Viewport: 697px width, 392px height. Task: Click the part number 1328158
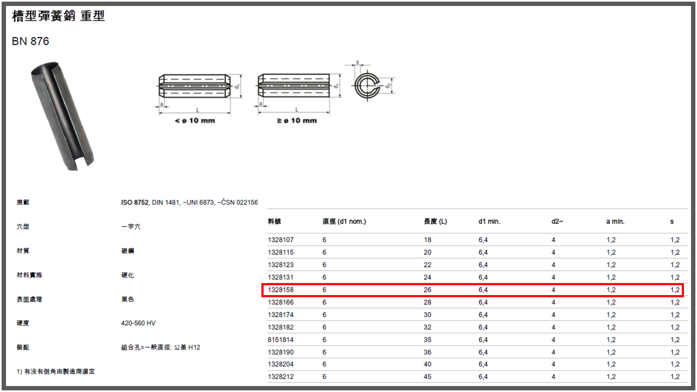(280, 290)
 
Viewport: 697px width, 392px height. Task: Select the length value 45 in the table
(427, 377)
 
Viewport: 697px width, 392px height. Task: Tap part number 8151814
(280, 340)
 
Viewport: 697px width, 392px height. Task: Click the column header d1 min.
(489, 222)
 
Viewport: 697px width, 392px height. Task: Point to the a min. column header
(615, 222)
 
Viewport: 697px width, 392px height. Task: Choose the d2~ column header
(557, 222)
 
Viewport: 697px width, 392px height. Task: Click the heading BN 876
(30, 41)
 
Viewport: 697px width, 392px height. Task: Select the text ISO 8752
(134, 203)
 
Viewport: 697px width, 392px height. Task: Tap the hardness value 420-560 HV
(138, 323)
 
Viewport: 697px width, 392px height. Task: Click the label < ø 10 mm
(195, 121)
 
